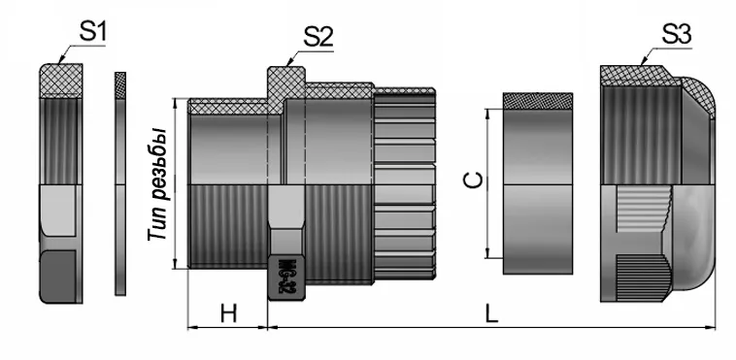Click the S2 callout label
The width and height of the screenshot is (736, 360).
[x=318, y=37]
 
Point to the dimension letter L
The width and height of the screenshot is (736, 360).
[x=492, y=314]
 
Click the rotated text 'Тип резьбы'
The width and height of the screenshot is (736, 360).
[x=155, y=184]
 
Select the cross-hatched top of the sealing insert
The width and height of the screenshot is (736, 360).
[x=540, y=101]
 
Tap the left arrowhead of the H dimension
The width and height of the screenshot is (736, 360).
[x=188, y=328]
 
